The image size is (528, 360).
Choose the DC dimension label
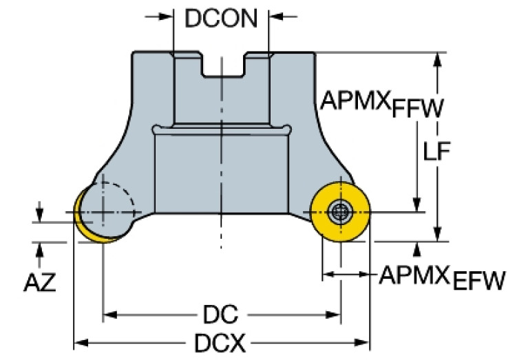[x=220, y=316]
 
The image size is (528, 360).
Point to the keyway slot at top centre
[x=222, y=65]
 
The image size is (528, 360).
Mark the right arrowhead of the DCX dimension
[x=365, y=341]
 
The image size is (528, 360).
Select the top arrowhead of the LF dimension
[x=436, y=59]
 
